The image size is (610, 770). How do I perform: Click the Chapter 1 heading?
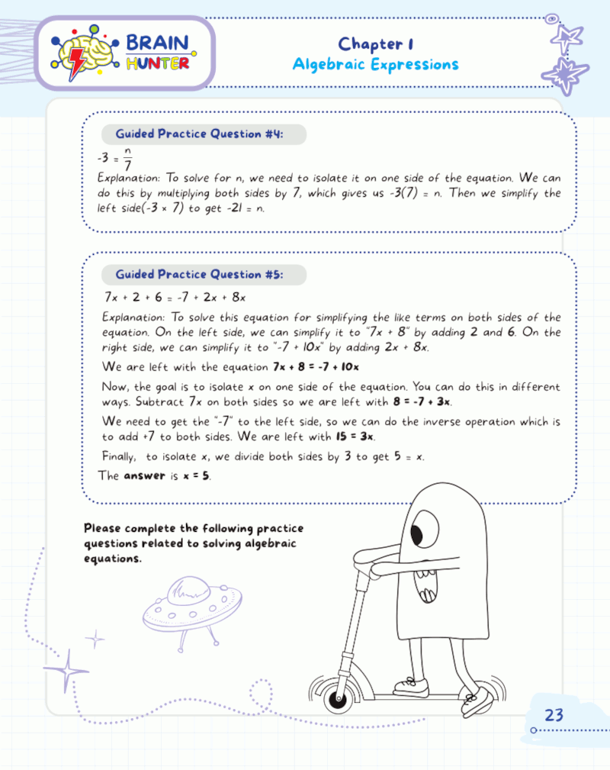click(375, 43)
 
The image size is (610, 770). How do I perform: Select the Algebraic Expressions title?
click(375, 64)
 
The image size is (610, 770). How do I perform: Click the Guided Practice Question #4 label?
click(200, 134)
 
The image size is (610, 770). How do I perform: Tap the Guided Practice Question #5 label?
click(200, 274)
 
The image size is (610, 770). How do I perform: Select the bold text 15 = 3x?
click(354, 437)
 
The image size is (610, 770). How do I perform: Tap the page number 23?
click(554, 715)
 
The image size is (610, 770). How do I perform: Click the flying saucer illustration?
click(191, 606)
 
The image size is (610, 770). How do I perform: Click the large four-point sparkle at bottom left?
click(66, 670)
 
